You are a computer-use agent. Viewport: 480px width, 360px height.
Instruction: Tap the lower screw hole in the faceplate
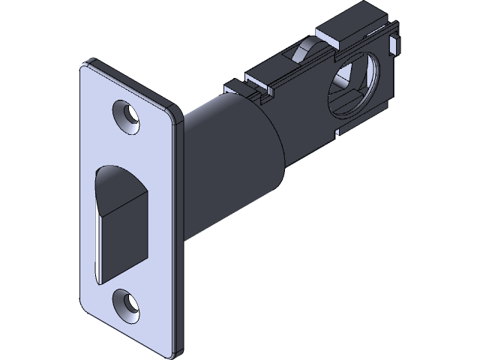127,301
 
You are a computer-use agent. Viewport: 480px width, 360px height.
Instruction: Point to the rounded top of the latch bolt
124,174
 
